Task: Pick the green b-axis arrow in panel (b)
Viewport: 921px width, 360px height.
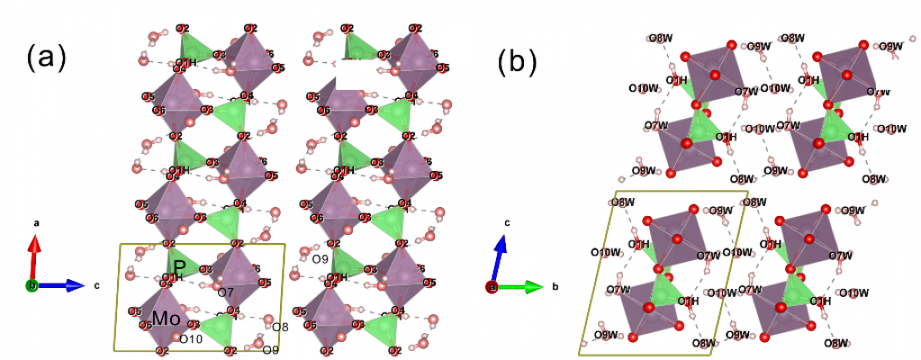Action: (x=522, y=287)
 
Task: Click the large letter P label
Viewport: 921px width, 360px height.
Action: (x=180, y=267)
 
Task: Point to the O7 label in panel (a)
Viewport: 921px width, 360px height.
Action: (x=226, y=292)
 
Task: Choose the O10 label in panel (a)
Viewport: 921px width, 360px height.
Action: (x=191, y=339)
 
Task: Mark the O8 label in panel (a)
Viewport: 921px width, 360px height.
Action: (x=280, y=328)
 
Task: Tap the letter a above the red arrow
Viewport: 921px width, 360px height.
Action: (x=34, y=221)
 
